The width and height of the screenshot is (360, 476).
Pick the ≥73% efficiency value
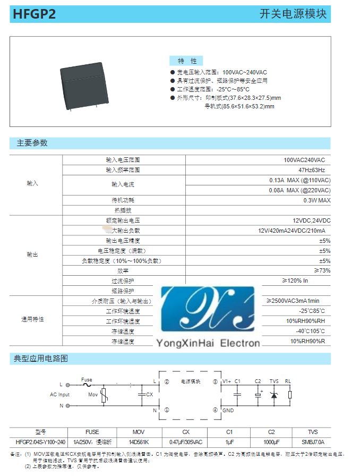point(321,271)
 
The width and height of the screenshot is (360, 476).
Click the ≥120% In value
point(295,281)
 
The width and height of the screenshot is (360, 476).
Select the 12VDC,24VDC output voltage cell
point(311,220)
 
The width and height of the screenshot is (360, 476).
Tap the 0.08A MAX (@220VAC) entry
point(299,190)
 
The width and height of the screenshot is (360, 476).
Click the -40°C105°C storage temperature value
point(311,331)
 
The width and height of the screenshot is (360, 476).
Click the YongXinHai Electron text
point(208,344)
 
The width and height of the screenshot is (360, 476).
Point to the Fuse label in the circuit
point(87,380)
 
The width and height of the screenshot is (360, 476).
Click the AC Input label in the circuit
point(60,395)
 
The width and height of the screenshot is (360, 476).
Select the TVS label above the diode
point(274,381)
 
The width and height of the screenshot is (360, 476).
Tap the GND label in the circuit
point(228,410)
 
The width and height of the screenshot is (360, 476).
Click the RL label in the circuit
point(288,381)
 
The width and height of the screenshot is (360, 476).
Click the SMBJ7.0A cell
point(313,442)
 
